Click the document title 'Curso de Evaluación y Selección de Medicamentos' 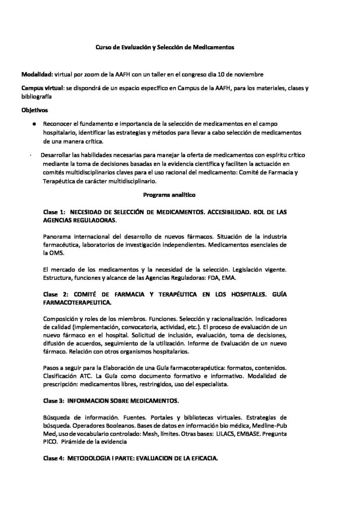[165, 47]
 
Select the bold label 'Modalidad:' [37, 75]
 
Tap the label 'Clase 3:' [54, 400]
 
